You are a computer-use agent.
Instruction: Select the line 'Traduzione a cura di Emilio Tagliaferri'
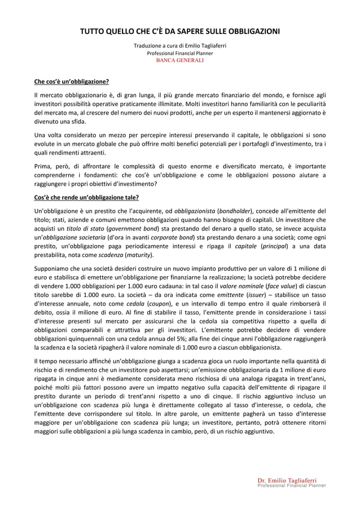tap(180, 46)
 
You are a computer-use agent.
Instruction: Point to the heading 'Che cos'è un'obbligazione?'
tap(72, 81)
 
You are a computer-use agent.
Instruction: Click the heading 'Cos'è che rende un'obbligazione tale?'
tap(86, 197)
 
